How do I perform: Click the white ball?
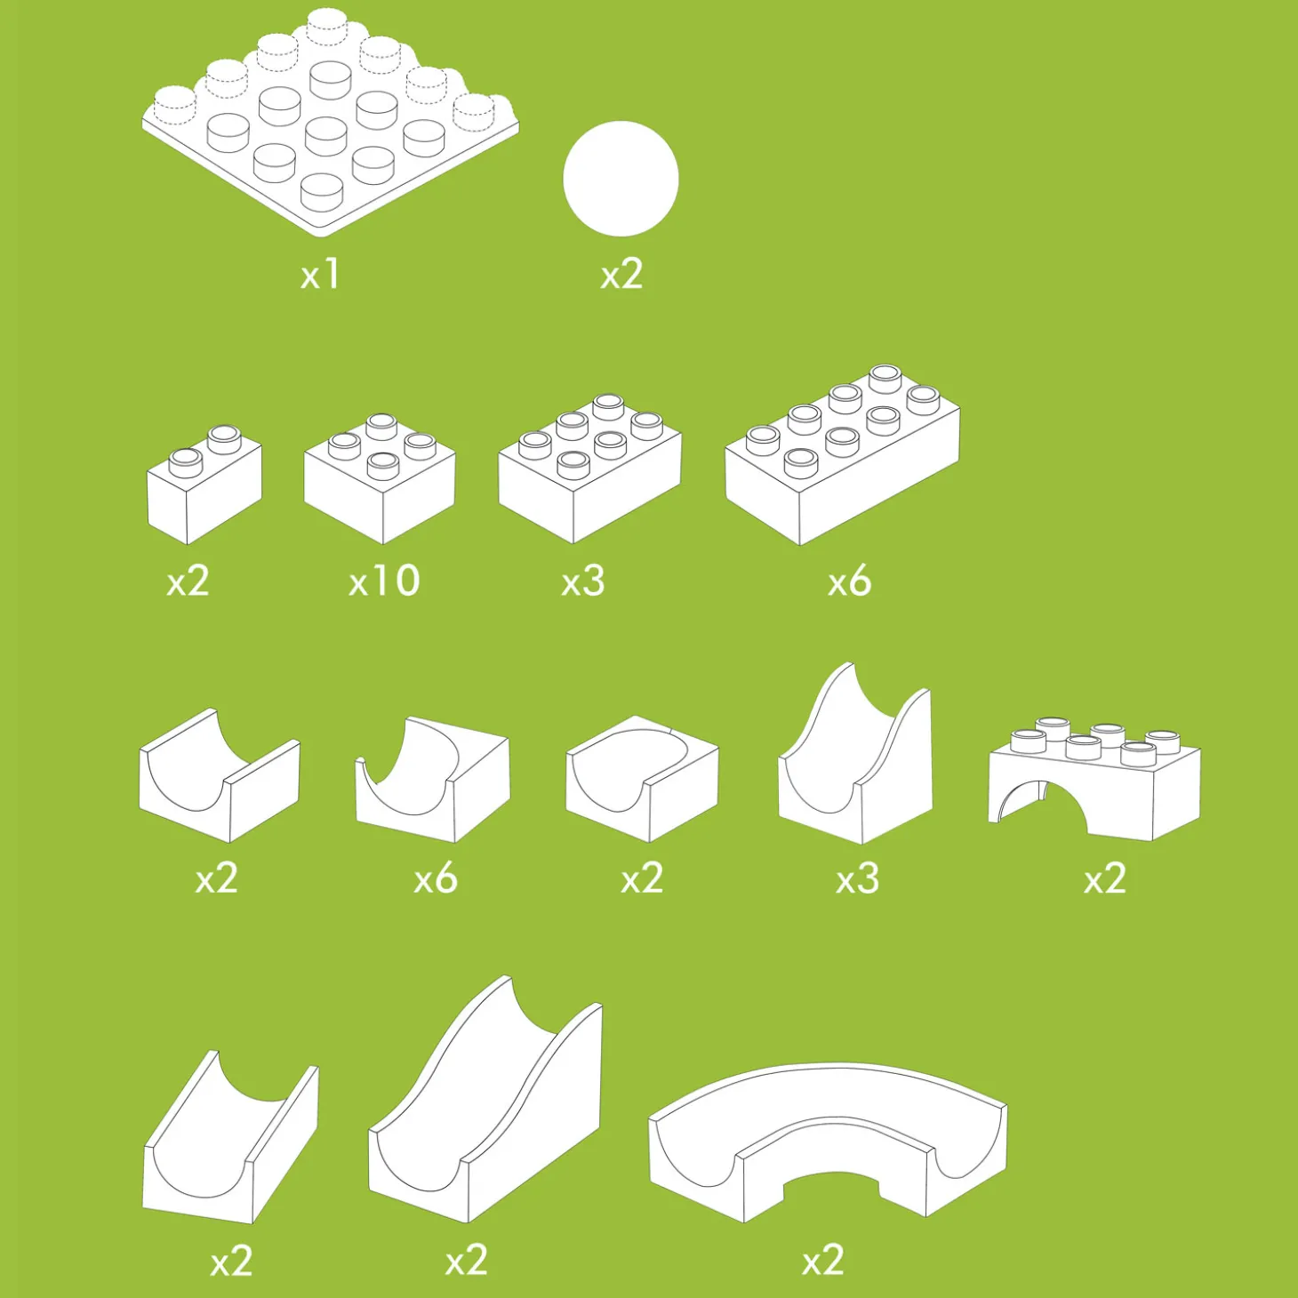click(x=621, y=179)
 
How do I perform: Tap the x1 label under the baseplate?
click(x=320, y=276)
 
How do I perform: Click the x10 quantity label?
click(x=385, y=580)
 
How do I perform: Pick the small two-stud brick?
click(x=204, y=485)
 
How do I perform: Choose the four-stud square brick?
click(x=380, y=479)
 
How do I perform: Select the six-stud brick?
click(x=590, y=469)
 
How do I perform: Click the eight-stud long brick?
click(x=843, y=455)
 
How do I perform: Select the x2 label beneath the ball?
click(x=621, y=276)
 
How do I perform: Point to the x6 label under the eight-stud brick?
click(x=849, y=581)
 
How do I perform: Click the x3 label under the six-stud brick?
click(x=583, y=581)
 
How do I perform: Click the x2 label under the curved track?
click(x=823, y=1260)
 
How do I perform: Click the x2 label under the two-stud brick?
click(x=188, y=581)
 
